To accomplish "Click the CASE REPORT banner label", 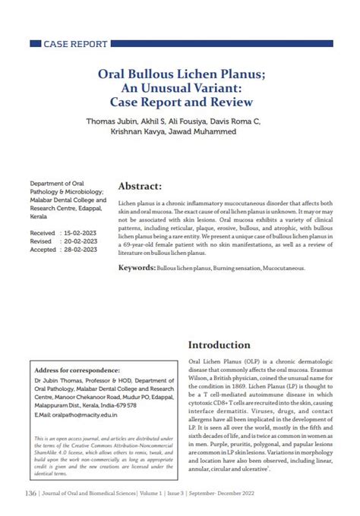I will (75, 44).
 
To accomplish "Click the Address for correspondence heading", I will (77, 370).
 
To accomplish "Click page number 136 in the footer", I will (31, 493).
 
